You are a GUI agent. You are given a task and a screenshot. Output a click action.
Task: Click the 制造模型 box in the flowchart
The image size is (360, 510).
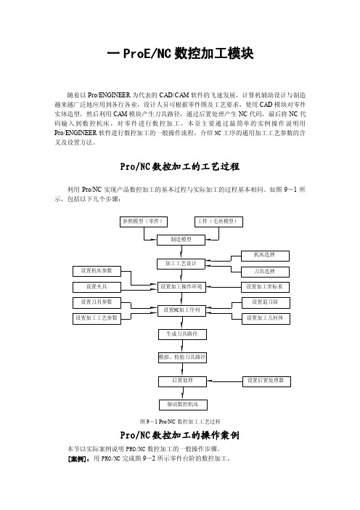point(181,240)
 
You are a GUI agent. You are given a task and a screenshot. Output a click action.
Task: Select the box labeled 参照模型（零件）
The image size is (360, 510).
point(144,222)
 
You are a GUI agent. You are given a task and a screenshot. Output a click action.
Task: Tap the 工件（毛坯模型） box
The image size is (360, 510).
point(218,222)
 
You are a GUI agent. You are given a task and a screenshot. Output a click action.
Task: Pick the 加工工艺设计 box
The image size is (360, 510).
point(181,264)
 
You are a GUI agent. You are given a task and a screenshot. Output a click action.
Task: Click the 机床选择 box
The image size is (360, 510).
point(265,256)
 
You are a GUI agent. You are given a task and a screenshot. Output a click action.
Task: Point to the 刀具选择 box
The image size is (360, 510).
point(265,272)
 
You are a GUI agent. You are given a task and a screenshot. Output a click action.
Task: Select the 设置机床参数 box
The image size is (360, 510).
point(97,271)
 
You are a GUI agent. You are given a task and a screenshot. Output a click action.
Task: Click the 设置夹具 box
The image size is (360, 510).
point(97,287)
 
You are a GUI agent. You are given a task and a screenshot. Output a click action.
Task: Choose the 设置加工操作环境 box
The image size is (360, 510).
point(181,287)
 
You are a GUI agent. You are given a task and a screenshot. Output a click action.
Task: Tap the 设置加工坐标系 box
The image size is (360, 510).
point(265,287)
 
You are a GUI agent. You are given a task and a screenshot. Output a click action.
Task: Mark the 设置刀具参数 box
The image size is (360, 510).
point(97,303)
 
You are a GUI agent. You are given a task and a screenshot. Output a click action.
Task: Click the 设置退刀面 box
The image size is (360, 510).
point(266,303)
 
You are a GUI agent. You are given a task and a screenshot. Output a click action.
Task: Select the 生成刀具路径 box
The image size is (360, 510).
point(183,334)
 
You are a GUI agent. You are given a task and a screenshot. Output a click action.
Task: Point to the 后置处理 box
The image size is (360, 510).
point(183,381)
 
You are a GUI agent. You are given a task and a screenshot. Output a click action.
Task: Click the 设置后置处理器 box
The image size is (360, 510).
point(266,381)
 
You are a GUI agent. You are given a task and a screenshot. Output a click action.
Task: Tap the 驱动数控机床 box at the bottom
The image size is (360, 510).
point(183,405)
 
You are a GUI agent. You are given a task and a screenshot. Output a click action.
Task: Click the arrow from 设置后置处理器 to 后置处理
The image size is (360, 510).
point(225,381)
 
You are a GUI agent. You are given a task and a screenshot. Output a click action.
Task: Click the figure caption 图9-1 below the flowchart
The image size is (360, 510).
point(180,421)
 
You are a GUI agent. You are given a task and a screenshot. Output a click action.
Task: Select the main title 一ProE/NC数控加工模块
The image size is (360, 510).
point(180,54)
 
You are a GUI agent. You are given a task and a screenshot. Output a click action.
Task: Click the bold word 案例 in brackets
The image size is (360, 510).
point(78,459)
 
